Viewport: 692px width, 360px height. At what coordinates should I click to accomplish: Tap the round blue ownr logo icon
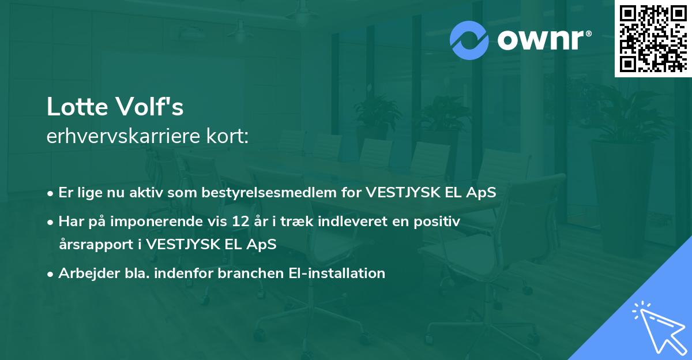tap(468, 40)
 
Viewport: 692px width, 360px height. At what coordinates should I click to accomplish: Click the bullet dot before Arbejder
tap(51, 274)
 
